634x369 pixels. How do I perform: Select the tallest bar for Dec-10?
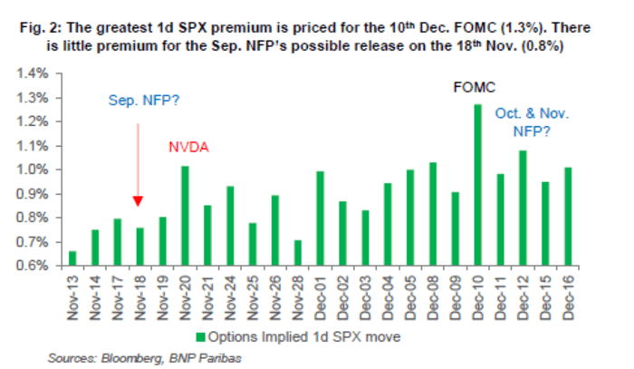[476, 185]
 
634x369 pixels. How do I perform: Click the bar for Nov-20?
[185, 216]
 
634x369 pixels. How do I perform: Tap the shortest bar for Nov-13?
[72, 258]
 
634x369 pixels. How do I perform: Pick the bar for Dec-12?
[522, 208]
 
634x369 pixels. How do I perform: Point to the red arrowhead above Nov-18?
[139, 202]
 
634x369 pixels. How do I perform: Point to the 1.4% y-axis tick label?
[34, 73]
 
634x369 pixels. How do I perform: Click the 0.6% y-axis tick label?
[34, 266]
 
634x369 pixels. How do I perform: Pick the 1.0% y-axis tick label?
[34, 170]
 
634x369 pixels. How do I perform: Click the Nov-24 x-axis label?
[230, 292]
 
